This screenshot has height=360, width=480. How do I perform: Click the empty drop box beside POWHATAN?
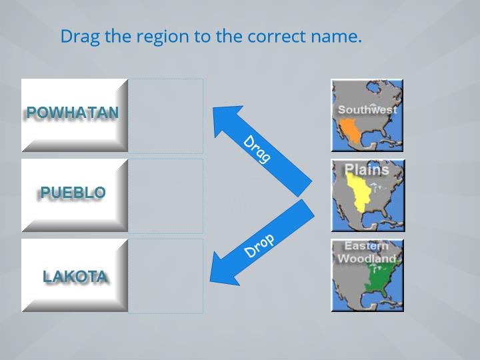coord(165,116)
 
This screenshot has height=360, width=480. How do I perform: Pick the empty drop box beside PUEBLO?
coord(165,196)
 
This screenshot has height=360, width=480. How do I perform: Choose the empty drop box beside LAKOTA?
coord(165,276)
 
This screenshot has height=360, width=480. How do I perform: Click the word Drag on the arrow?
coord(257,149)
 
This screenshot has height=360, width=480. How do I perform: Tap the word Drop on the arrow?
coord(259,245)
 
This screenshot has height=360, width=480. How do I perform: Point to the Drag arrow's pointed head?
coord(213,107)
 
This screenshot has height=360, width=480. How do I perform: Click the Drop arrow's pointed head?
coord(210,281)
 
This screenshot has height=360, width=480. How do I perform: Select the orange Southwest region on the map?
coord(349,131)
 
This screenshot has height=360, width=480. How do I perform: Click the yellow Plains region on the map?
coord(359,192)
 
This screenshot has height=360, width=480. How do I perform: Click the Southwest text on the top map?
coord(367,109)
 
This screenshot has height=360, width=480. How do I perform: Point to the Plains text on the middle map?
coord(367,169)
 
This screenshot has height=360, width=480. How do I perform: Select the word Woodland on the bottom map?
coord(367,259)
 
